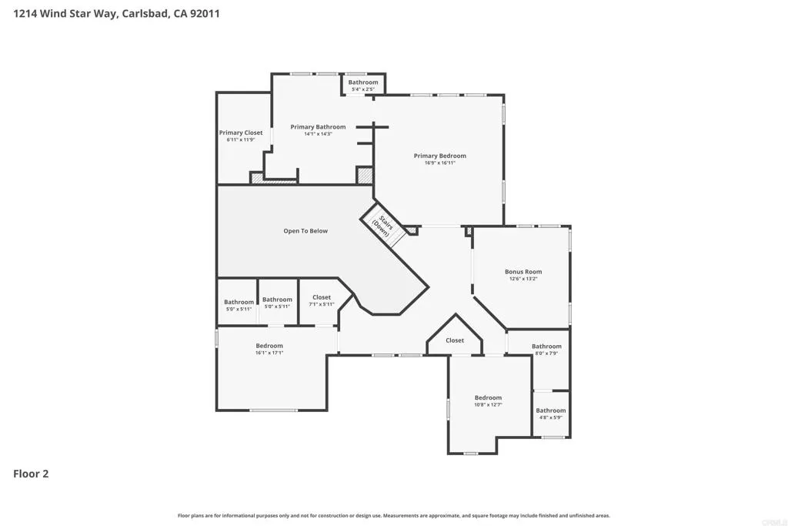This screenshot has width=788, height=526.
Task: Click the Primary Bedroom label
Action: point(439,156)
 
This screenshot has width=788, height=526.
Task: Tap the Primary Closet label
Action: point(241,132)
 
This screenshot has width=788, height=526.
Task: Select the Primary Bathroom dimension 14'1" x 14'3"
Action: point(318,134)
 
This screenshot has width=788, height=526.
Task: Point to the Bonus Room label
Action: point(523,271)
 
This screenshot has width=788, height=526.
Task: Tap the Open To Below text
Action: point(306,231)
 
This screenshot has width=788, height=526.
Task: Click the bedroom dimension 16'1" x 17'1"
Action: point(269,353)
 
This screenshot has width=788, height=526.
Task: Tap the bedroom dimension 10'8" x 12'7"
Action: point(488,404)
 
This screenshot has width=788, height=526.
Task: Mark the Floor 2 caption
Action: point(31,474)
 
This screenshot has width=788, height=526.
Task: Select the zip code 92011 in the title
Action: point(203,13)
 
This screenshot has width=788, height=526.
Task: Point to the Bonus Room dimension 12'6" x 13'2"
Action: point(523,279)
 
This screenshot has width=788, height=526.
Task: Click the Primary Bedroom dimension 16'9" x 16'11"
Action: point(439,163)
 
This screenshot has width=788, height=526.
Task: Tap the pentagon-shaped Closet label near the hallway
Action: point(455,340)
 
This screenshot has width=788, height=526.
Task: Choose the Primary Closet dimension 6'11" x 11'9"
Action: point(241,140)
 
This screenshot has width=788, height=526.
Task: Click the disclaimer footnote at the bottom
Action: point(394,515)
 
